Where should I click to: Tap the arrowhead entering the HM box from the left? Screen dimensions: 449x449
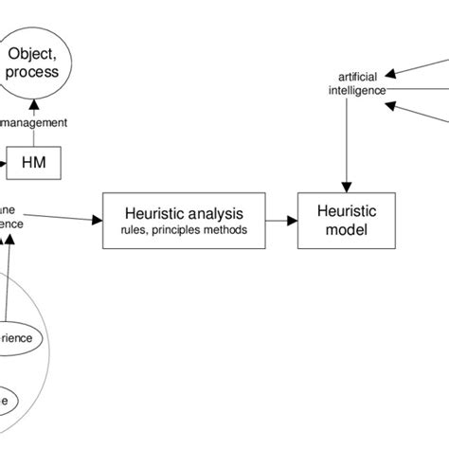coord(6,163)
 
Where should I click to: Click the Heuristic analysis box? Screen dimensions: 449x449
coord(184,222)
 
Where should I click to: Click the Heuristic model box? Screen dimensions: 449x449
coord(345,222)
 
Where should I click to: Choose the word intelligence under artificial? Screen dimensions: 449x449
coord(356,90)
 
